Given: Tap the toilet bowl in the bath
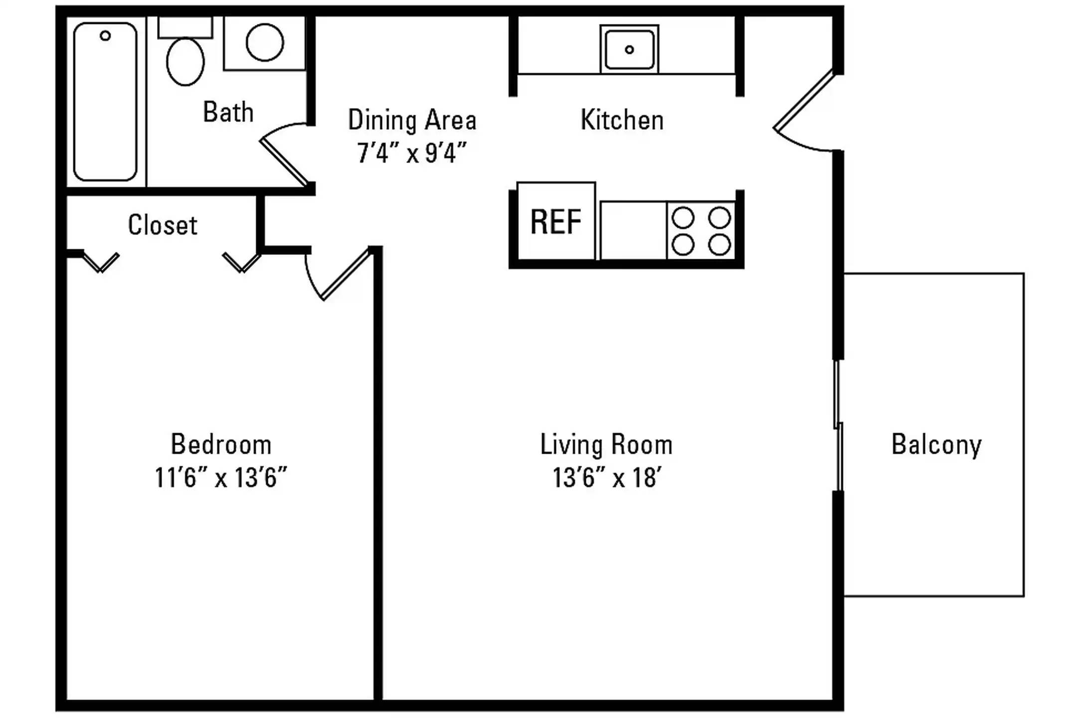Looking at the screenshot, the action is tap(185, 61).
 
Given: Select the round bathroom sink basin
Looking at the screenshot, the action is tap(265, 42).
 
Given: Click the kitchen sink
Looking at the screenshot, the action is tap(629, 49).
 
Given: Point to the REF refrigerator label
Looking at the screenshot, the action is tap(556, 222).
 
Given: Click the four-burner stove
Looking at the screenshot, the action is tap(701, 231).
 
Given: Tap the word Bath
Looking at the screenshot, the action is tap(228, 112).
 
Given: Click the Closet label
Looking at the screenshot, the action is tap(163, 225).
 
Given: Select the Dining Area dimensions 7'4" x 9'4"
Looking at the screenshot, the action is tap(412, 153).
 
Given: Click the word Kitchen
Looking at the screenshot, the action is tap(622, 120).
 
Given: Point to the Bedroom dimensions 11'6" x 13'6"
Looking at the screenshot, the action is tap(221, 478).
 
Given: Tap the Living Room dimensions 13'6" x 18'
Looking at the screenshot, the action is tap(607, 478).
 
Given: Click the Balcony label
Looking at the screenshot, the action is tap(936, 445).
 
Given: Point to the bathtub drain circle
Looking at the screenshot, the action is tap(105, 36).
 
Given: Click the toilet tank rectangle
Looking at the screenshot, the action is tap(185, 27).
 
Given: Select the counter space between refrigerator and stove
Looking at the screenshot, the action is tap(633, 230).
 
